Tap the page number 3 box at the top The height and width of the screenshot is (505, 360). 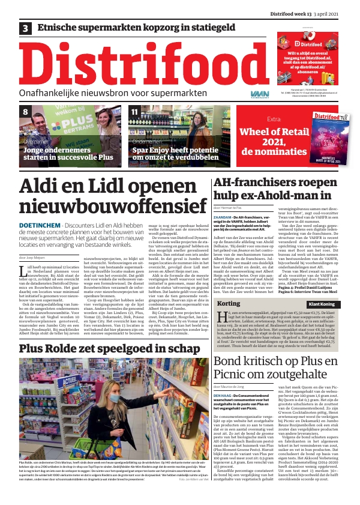26,28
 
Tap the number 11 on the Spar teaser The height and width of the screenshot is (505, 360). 134,112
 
